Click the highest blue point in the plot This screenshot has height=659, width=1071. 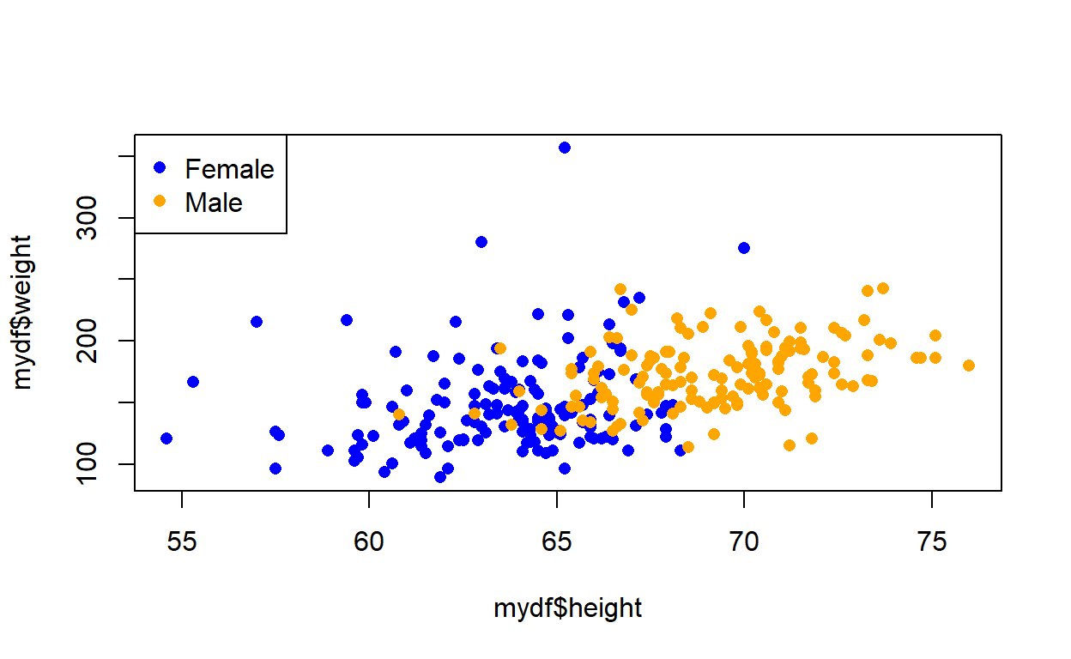[565, 148]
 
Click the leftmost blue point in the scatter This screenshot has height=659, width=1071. [166, 438]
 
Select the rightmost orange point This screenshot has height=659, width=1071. [969, 366]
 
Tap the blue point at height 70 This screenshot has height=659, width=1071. [744, 248]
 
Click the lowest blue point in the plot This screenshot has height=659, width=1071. [440, 477]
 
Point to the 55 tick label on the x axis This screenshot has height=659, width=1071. [182, 542]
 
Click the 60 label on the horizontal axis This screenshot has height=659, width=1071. [369, 542]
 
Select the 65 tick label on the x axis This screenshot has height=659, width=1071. [557, 542]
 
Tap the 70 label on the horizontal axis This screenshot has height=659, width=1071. [744, 542]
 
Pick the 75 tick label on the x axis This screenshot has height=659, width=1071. [932, 542]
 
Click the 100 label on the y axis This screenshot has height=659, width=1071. [87, 464]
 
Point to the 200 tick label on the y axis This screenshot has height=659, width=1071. [87, 341]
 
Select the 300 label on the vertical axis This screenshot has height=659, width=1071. [87, 218]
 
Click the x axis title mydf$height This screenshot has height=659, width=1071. [567, 608]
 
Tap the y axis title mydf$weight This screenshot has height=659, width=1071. [22, 312]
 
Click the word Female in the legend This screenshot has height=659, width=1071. [229, 169]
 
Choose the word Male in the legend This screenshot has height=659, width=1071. [214, 203]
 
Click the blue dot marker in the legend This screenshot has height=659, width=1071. [160, 167]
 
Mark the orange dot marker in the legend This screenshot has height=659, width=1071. [160, 202]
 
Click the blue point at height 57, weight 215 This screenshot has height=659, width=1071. [257, 322]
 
